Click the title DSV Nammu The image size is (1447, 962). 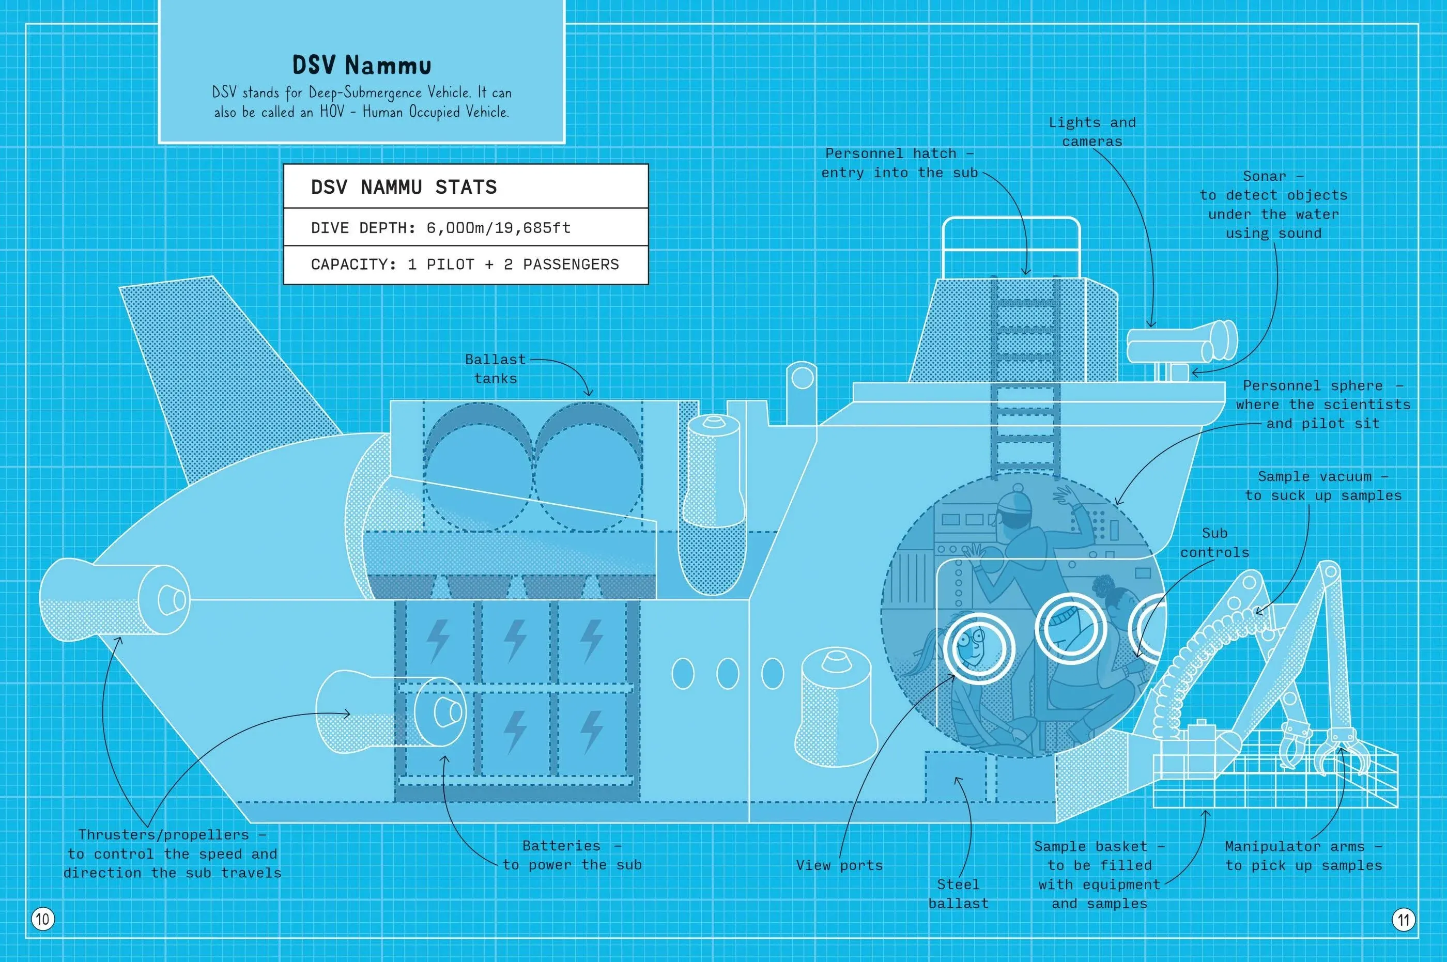click(x=361, y=65)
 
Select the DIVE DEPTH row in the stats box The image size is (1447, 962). click(x=441, y=228)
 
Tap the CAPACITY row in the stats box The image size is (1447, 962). click(x=465, y=265)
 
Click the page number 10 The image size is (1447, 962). click(x=42, y=919)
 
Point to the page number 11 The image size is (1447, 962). click(x=1404, y=919)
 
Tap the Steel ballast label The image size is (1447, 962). click(x=958, y=894)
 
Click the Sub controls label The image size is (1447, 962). click(x=1214, y=543)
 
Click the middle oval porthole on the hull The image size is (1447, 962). click(x=728, y=674)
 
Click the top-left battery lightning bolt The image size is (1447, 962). click(x=438, y=641)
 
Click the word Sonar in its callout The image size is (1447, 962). click(x=1264, y=176)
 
